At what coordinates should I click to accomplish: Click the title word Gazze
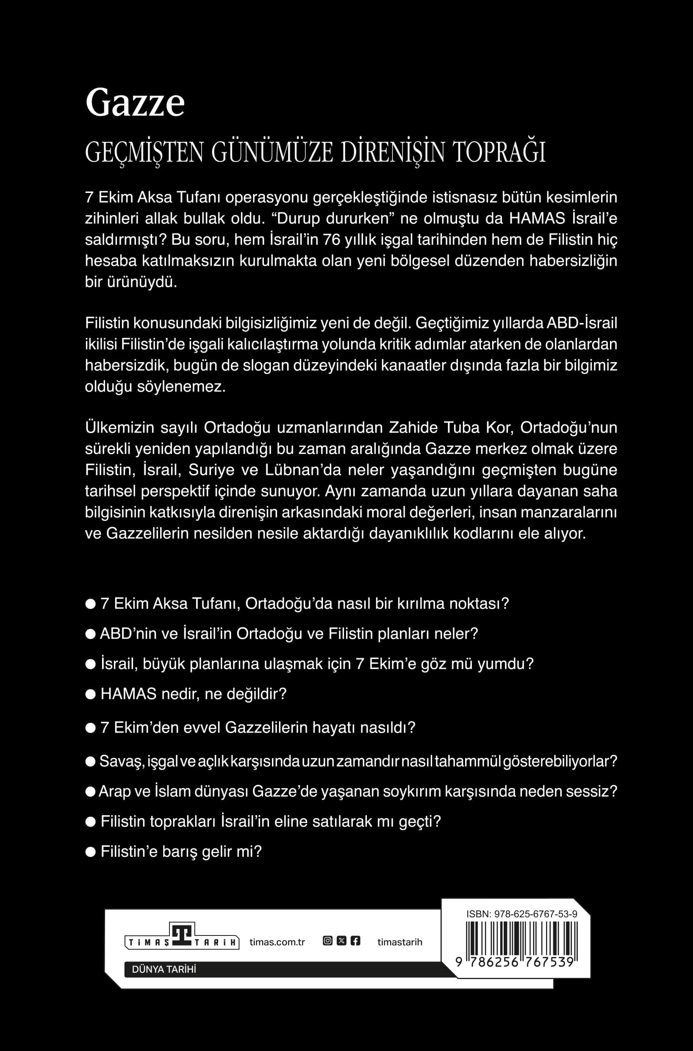point(135,103)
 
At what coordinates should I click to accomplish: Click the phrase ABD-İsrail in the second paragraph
point(582,323)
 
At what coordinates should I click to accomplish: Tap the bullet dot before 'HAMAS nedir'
point(91,695)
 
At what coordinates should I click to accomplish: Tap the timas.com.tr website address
point(277,942)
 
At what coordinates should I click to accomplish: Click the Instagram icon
point(327,941)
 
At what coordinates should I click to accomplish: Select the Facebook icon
point(355,941)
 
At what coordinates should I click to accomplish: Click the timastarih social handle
point(399,942)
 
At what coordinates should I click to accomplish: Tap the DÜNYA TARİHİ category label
point(164,969)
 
